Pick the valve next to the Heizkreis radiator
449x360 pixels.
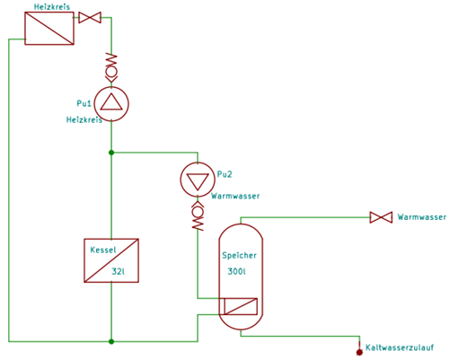click(90, 17)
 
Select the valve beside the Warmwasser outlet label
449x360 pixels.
click(381, 217)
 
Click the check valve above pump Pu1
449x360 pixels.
click(111, 67)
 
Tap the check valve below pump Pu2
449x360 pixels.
click(198, 215)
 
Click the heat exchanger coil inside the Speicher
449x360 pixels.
click(241, 306)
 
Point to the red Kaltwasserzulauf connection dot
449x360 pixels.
click(359, 352)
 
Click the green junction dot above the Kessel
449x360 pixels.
click(111, 153)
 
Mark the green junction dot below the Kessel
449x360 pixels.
click(111, 341)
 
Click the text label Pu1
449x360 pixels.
click(84, 103)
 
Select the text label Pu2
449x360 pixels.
click(224, 174)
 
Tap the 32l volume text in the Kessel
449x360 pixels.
click(119, 271)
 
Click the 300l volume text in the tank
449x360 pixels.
click(236, 271)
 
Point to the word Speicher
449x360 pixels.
click(239, 255)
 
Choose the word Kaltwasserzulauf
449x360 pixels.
click(400, 347)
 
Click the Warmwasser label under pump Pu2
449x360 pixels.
click(235, 196)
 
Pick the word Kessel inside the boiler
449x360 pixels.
click(103, 250)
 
